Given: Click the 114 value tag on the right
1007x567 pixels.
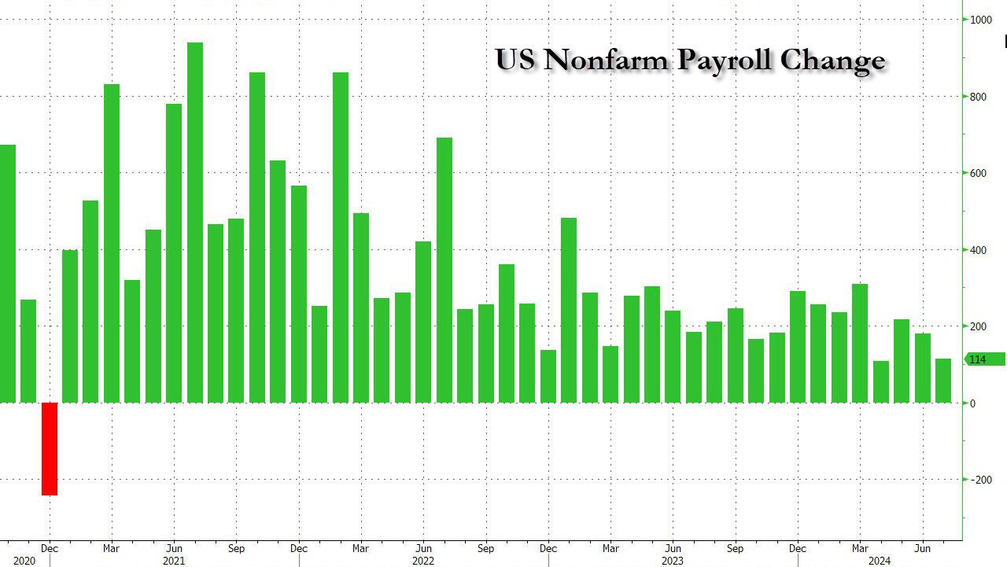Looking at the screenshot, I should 983,359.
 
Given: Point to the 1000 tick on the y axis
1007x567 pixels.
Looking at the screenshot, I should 979,20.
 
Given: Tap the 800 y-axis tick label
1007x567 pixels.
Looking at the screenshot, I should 977,97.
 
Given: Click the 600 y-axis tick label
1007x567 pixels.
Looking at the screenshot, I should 977,173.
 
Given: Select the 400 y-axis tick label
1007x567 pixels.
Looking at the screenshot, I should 977,250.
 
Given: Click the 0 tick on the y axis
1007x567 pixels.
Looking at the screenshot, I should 972,403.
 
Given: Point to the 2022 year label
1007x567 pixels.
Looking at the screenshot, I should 422,561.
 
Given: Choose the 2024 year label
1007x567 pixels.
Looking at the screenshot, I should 880,561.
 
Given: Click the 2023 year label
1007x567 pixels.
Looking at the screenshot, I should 672,561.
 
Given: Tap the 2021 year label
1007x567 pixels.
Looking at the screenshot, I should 173,561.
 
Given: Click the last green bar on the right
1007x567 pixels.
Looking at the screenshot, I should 942,381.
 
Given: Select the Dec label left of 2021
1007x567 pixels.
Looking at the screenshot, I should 49,548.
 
